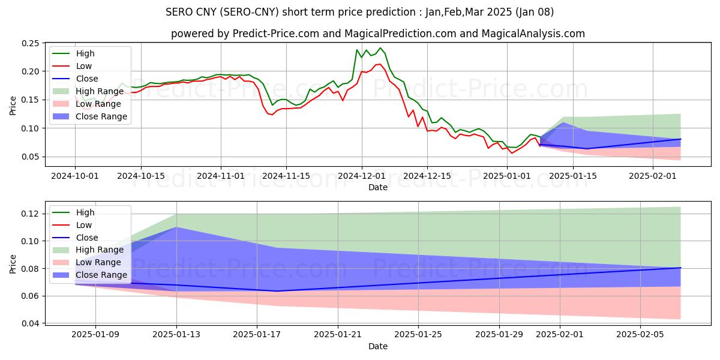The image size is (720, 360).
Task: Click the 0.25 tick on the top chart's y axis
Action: pos(29,43)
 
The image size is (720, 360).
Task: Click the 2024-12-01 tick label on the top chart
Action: pos(361,176)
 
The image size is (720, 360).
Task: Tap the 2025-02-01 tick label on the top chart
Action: pos(559,176)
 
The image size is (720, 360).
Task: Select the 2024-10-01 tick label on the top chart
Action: pos(75,176)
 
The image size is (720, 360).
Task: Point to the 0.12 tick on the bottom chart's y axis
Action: pos(29,214)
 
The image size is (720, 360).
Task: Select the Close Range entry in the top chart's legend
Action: pos(101,116)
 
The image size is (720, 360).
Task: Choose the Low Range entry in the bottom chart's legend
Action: pos(98,262)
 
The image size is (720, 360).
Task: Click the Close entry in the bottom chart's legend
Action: pos(87,238)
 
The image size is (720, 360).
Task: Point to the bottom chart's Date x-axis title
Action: pos(378,346)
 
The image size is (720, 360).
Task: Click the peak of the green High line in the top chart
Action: pos(380,48)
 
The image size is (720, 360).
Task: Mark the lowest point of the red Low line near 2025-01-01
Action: pos(512,153)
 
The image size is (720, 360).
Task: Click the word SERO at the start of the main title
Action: pos(179,11)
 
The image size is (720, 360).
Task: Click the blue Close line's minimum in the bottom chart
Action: pos(277,291)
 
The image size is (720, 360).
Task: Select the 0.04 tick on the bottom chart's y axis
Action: pos(29,323)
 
